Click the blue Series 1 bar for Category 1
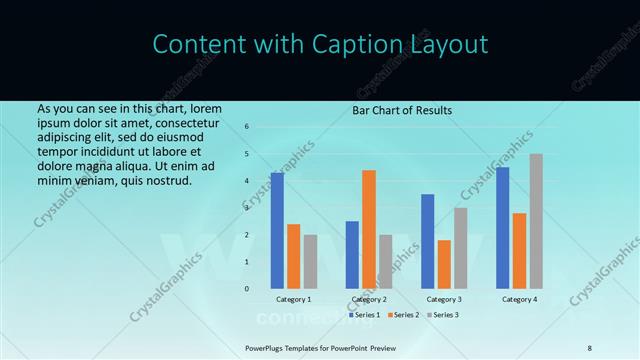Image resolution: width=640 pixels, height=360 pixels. (277, 231)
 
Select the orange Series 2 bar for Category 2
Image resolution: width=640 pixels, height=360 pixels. (368, 230)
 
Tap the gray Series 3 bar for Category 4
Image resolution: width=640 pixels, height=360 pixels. (536, 221)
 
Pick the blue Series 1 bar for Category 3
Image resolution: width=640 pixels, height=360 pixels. (427, 241)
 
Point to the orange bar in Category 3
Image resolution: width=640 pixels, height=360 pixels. (444, 264)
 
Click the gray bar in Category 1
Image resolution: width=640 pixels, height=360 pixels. (310, 262)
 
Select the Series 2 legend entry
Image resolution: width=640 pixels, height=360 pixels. (403, 315)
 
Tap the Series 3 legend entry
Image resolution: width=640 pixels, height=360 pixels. (443, 315)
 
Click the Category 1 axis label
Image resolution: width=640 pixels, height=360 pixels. (294, 299)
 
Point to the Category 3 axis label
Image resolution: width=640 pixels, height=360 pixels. (444, 299)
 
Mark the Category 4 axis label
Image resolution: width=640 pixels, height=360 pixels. (519, 299)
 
